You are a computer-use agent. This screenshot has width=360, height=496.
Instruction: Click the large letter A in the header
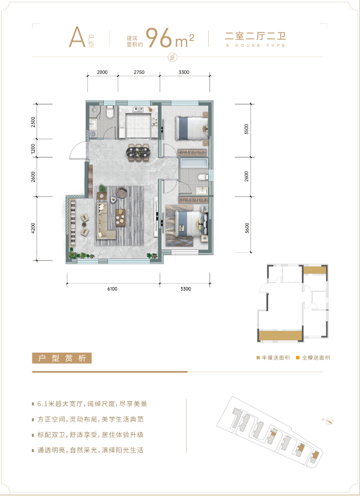[77, 37]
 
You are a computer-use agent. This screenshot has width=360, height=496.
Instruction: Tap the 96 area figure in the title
[159, 38]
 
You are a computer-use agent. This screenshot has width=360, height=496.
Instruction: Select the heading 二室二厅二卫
[256, 36]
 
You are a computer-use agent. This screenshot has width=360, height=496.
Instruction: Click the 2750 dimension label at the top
[139, 72]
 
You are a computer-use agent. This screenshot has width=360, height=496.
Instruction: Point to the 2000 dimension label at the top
[102, 72]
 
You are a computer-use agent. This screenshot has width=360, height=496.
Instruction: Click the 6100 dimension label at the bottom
[112, 288]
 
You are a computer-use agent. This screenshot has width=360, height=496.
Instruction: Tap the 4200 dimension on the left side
[34, 228]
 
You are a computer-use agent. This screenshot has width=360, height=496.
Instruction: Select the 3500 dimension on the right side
[246, 129]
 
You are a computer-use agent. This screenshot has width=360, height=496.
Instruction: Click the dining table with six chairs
[139, 152]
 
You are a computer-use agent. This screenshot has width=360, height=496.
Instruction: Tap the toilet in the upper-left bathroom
[110, 112]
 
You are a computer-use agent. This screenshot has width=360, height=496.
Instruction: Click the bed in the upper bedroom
[192, 128]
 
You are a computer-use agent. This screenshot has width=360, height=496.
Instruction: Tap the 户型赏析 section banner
[62, 358]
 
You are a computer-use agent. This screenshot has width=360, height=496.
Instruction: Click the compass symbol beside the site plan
[329, 421]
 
